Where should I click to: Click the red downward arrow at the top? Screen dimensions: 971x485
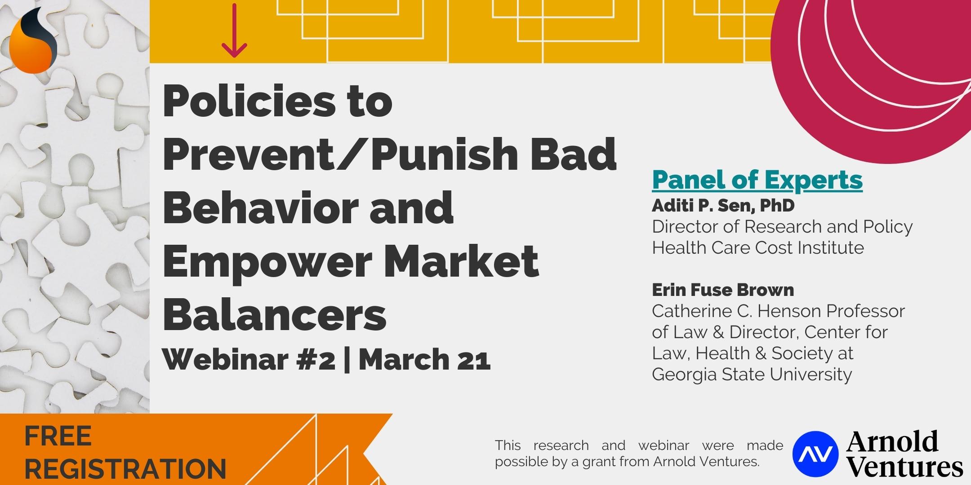(x=234, y=30)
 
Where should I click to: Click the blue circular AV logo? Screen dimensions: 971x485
(x=815, y=453)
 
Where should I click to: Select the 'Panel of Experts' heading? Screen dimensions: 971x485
(x=757, y=181)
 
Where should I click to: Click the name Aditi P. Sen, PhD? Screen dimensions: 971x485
(x=723, y=206)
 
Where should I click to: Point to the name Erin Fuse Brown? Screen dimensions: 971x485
(x=723, y=290)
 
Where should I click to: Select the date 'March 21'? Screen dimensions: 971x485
(x=424, y=360)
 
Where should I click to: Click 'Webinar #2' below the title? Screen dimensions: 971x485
(x=249, y=360)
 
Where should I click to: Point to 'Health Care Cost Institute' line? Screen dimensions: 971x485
(x=758, y=248)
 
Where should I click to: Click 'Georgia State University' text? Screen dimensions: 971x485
(x=752, y=375)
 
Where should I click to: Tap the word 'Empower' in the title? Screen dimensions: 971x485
(x=267, y=260)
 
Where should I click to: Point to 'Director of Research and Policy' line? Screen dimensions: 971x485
(x=782, y=227)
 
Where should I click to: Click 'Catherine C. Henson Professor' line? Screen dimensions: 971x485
(x=778, y=311)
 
